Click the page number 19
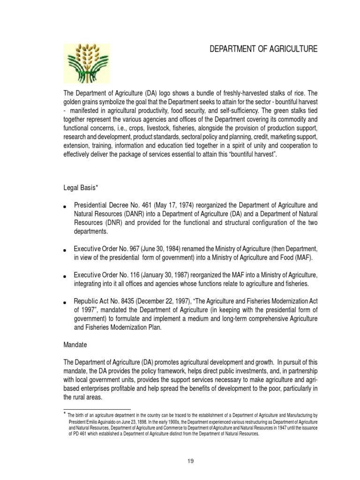[190, 461]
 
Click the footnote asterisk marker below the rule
[65, 414]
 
